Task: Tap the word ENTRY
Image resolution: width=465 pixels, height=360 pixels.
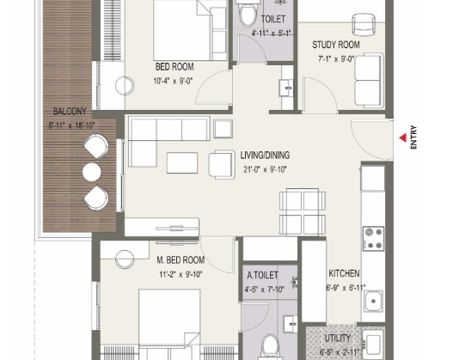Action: [414, 139]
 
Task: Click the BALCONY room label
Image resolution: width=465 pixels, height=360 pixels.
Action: [69, 112]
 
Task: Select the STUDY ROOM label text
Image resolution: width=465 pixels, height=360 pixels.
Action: [335, 45]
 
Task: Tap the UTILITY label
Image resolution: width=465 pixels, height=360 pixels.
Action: [338, 339]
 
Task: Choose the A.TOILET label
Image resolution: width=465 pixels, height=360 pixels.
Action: [262, 276]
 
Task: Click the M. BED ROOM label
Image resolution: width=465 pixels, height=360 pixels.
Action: [180, 260]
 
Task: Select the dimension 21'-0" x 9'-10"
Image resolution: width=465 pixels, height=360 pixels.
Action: [264, 169]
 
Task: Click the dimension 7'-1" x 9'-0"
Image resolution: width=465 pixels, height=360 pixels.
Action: [336, 60]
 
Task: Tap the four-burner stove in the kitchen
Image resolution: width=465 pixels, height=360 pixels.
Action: [373, 237]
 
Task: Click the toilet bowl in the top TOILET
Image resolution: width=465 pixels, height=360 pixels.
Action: [249, 15]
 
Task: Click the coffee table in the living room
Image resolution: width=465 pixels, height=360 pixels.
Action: [181, 162]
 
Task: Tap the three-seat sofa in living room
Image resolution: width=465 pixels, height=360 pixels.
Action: [168, 130]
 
